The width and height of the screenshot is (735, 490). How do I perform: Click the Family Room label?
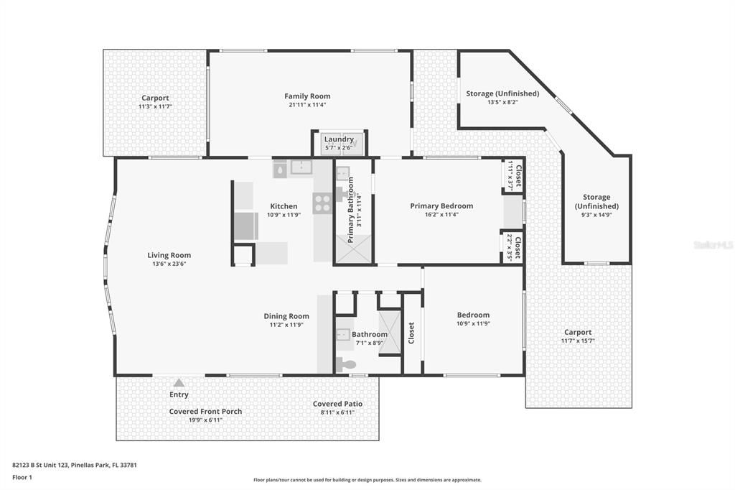click(307, 96)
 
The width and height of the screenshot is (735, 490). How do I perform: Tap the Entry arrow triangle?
click(179, 383)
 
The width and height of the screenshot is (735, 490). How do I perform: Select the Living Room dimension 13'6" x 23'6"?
click(169, 264)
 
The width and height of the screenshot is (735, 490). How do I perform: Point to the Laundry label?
click(339, 139)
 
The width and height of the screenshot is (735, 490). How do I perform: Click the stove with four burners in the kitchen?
click(322, 203)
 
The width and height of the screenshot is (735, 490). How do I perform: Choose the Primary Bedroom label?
click(441, 206)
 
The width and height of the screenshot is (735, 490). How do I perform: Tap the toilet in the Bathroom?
click(347, 365)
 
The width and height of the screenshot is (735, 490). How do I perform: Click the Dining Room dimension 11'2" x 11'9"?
click(286, 325)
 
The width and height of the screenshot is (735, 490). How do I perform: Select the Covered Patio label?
click(337, 404)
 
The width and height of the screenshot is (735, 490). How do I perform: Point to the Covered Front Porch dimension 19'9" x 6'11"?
click(205, 420)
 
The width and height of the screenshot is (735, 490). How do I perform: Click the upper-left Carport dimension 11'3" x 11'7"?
click(155, 106)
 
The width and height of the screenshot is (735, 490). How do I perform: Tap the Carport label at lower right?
click(578, 332)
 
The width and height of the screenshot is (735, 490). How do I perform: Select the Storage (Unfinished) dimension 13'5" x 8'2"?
click(502, 103)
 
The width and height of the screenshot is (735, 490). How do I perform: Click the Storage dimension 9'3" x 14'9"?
click(596, 215)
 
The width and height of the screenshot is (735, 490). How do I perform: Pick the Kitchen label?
click(284, 206)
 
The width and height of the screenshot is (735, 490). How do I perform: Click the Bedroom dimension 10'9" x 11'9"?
click(473, 323)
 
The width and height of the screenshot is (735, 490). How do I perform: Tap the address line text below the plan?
click(75, 465)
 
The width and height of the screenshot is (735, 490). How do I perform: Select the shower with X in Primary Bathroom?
click(353, 249)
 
